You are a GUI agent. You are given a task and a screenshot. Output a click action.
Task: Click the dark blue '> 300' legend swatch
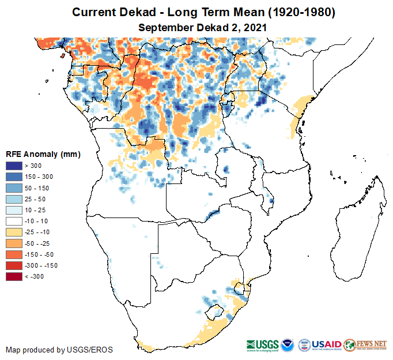pyautogui.click(x=14, y=166)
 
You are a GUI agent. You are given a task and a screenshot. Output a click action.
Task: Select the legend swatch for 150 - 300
pyautogui.click(x=14, y=177)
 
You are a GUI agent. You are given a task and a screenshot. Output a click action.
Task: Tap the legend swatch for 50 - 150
pyautogui.click(x=14, y=188)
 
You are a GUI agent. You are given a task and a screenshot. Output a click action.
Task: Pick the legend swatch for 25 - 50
pyautogui.click(x=14, y=199)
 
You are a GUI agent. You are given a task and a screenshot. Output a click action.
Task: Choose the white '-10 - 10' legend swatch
pyautogui.click(x=14, y=221)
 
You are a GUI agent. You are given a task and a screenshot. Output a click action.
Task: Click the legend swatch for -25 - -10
pyautogui.click(x=14, y=232)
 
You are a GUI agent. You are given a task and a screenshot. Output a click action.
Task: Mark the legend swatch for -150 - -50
pyautogui.click(x=14, y=254)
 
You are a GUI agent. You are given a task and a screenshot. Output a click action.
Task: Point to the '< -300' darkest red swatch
pyautogui.click(x=14, y=276)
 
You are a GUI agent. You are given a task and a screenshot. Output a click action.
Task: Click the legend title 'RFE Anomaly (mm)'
pyautogui.click(x=43, y=155)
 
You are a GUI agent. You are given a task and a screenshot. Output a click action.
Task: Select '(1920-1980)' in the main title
pyautogui.click(x=298, y=12)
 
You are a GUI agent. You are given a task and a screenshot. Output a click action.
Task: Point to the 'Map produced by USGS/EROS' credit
pyautogui.click(x=59, y=350)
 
